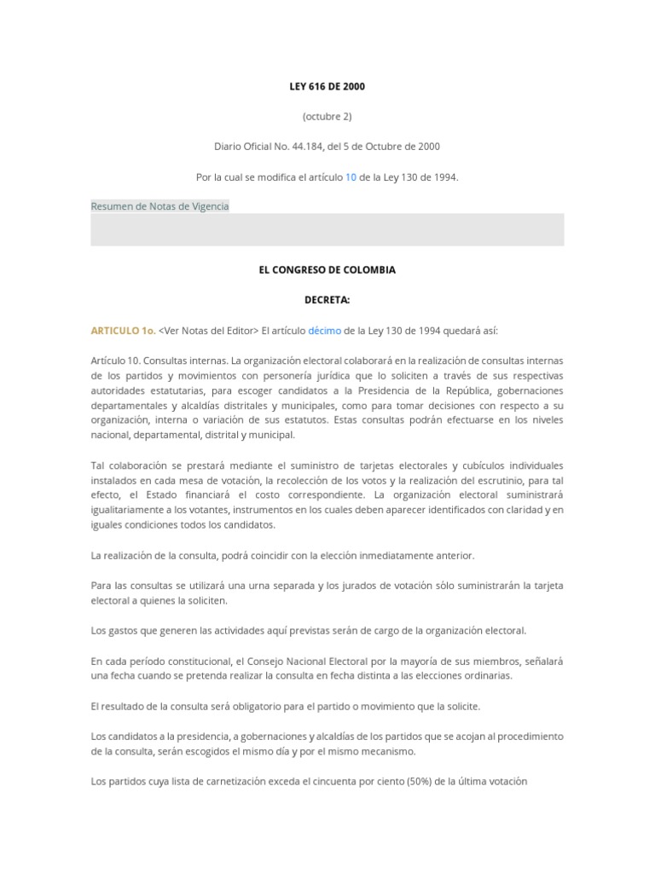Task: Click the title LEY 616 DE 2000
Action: coord(327,87)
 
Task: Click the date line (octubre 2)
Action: coord(327,116)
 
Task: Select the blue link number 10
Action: coord(351,177)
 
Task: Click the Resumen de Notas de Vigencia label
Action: coord(160,206)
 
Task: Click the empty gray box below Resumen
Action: coord(327,229)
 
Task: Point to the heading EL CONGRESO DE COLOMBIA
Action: coord(327,269)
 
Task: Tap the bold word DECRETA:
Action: coord(327,300)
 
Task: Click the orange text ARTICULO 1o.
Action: coord(124,331)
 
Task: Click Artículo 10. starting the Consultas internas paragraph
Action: coord(115,361)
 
